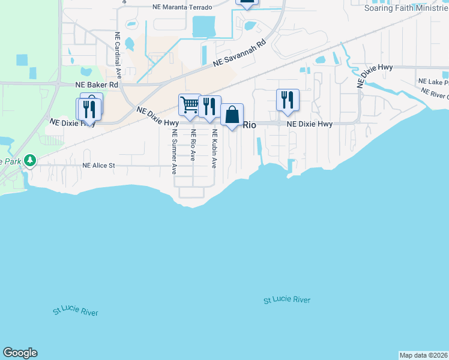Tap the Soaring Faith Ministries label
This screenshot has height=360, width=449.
tap(406, 8)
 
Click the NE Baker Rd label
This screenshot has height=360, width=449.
tap(96, 86)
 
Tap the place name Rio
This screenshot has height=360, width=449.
tap(250, 125)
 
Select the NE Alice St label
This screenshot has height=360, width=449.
tap(106, 165)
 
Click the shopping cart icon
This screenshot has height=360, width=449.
tap(190, 105)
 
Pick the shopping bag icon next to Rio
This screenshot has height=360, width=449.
tap(232, 114)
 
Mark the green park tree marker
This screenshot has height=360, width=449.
tap(29, 161)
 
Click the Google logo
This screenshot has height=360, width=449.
tap(20, 353)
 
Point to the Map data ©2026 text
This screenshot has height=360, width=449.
tap(423, 355)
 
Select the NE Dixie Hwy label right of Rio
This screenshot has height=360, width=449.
tap(310, 124)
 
